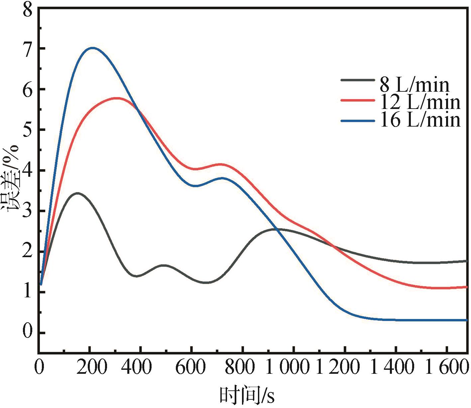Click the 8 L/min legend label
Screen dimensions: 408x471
point(414,85)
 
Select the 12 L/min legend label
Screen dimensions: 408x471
point(420,102)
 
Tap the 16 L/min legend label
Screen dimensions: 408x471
point(420,120)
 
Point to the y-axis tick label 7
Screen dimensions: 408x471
point(28,49)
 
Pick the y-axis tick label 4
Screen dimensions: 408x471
point(28,170)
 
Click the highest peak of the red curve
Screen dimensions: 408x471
point(116,98)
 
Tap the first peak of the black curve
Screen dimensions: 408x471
point(77,193)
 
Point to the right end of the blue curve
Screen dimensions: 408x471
point(466,320)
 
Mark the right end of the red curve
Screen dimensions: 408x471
point(466,287)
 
